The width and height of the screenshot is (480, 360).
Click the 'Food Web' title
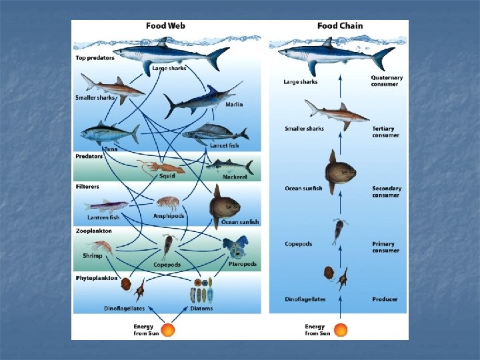(166, 26)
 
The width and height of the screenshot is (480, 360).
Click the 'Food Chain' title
(340, 26)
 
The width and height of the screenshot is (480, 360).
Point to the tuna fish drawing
(107, 133)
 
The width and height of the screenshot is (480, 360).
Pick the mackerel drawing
(229, 166)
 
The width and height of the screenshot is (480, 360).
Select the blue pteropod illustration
(235, 249)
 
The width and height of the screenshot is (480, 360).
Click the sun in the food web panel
(168, 329)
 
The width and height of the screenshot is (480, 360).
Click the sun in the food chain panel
(341, 329)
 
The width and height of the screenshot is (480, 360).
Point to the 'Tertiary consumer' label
(385, 132)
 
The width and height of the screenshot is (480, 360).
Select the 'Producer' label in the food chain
(385, 299)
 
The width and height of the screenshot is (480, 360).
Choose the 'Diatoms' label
(201, 309)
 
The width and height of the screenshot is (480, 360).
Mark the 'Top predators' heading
(94, 58)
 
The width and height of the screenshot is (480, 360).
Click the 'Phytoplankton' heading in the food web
(97, 277)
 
